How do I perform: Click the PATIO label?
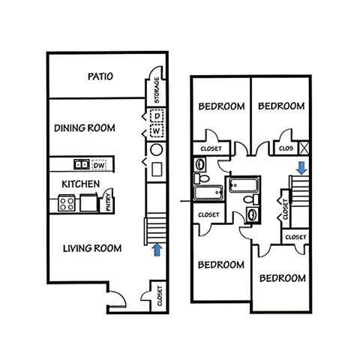click(x=99, y=76)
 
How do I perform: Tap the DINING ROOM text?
click(x=84, y=128)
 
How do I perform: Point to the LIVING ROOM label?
click(x=91, y=248)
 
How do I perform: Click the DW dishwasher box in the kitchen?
click(x=99, y=163)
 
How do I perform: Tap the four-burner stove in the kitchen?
click(x=66, y=202)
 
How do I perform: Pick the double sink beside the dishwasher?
click(x=81, y=163)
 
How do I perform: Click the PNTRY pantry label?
click(x=109, y=201)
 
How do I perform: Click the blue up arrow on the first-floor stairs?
click(x=157, y=250)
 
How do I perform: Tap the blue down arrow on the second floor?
click(x=300, y=166)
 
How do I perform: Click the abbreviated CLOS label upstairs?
click(x=286, y=148)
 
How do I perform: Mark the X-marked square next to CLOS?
click(x=304, y=148)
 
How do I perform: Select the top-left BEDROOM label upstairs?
click(x=221, y=106)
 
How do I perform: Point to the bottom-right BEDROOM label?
click(x=282, y=278)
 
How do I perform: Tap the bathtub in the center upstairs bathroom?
click(x=243, y=184)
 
